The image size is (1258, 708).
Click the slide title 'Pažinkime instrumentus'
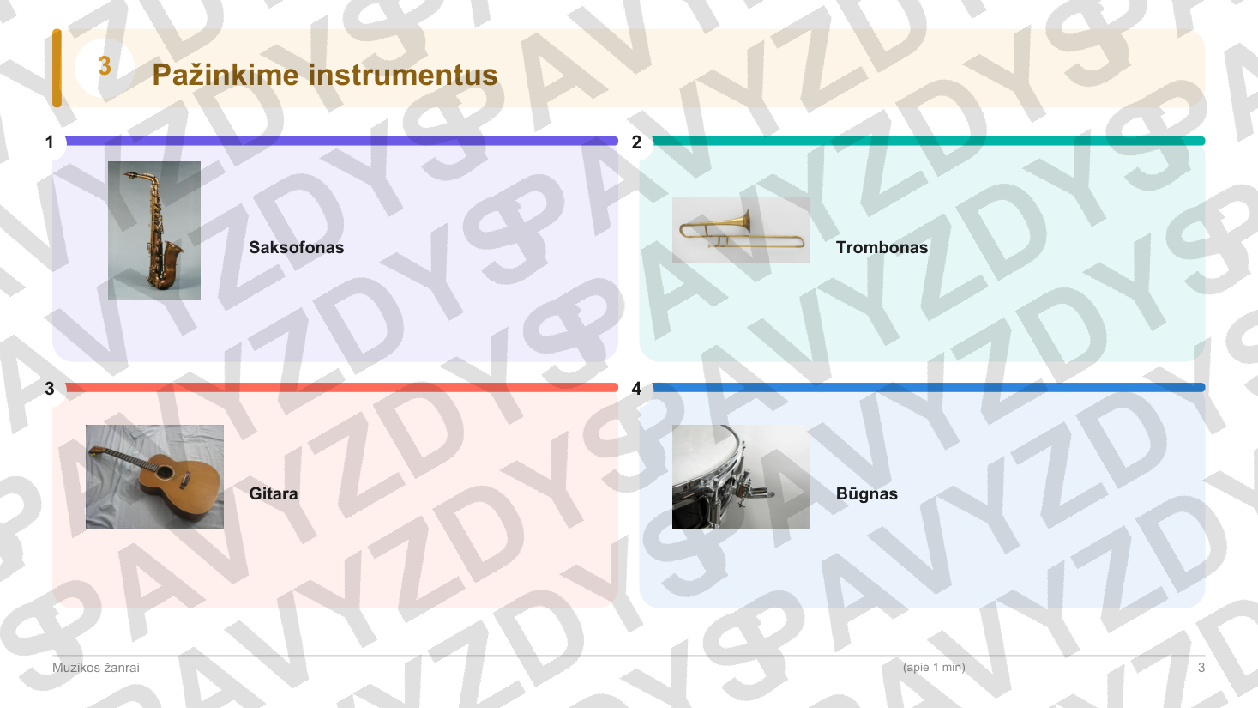(x=325, y=75)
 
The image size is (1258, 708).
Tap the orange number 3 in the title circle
(x=105, y=66)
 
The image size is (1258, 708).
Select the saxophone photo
(x=153, y=230)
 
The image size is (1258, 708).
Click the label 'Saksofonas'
(x=296, y=247)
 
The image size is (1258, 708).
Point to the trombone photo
(x=741, y=230)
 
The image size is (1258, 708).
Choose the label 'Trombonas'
(x=882, y=247)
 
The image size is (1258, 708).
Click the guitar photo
(x=154, y=476)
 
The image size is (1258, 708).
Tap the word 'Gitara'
(x=273, y=493)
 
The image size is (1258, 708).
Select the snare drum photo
(x=741, y=476)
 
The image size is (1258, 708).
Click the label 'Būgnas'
(x=867, y=493)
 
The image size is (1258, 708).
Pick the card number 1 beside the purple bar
(x=50, y=142)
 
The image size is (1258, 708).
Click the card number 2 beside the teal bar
(x=636, y=142)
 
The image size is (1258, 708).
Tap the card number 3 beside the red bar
(x=50, y=388)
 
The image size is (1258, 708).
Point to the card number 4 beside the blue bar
(x=636, y=388)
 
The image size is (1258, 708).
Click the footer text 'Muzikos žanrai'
(x=96, y=668)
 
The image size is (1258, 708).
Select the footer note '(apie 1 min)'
(x=934, y=667)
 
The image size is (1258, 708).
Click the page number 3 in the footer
(x=1201, y=668)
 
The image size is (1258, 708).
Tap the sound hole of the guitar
(x=165, y=472)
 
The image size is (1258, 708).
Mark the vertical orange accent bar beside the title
(x=57, y=68)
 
